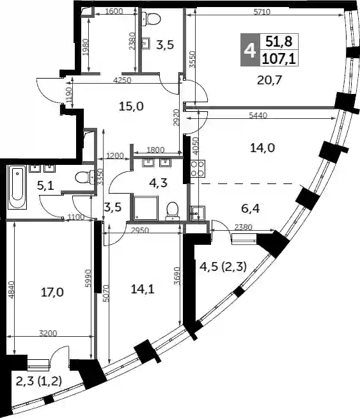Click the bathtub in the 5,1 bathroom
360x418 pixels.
pyautogui.click(x=17, y=187)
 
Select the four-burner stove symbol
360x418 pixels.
pyautogui.click(x=198, y=169)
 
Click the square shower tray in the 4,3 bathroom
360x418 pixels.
pyautogui.click(x=145, y=208)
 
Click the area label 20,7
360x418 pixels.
pyautogui.click(x=269, y=80)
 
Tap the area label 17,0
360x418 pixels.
pyautogui.click(x=52, y=293)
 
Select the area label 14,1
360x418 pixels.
pyautogui.click(x=143, y=289)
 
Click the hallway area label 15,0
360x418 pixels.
pyautogui.click(x=131, y=106)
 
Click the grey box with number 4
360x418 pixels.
pyautogui.click(x=250, y=50)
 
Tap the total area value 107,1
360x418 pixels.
pyautogui.click(x=279, y=58)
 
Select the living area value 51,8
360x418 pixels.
pyautogui.click(x=279, y=42)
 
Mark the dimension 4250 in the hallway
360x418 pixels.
pyautogui.click(x=122, y=80)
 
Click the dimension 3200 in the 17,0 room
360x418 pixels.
pyautogui.click(x=48, y=333)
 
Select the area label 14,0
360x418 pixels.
pyautogui.click(x=262, y=148)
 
